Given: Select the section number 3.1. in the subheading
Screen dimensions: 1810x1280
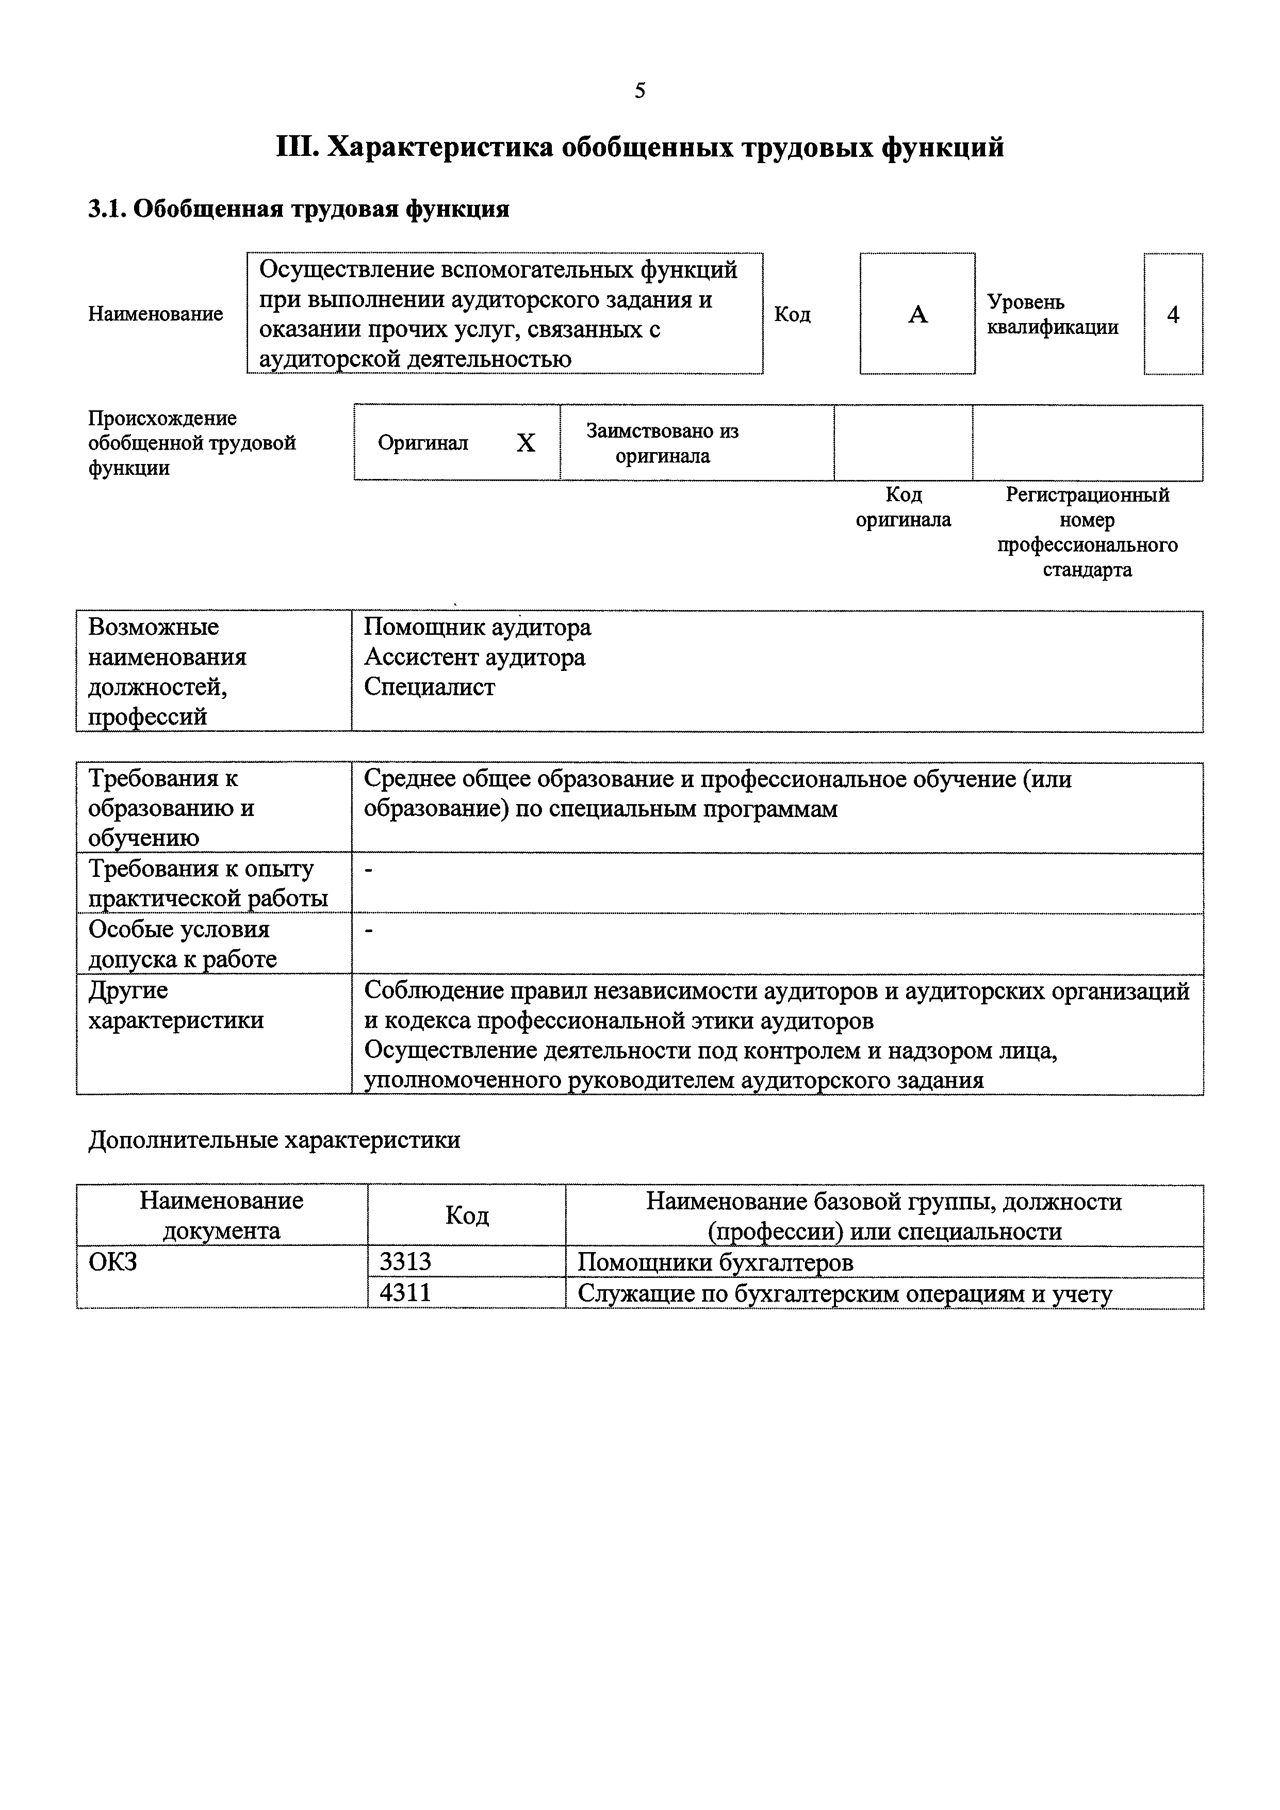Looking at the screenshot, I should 106,209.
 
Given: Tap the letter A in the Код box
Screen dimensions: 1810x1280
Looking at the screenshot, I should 917,315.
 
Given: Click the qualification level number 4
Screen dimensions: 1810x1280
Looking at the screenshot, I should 1173,315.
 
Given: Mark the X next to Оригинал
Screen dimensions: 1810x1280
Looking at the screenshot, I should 526,443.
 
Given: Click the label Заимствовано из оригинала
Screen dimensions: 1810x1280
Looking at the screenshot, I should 662,443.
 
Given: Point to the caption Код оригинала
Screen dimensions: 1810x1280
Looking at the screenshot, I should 903,507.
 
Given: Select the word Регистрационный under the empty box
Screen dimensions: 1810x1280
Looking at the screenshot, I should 1087,495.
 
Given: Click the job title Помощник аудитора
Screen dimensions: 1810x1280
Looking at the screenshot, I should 477,627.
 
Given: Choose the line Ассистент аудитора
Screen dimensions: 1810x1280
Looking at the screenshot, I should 474,657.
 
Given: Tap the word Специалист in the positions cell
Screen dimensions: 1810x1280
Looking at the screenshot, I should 430,687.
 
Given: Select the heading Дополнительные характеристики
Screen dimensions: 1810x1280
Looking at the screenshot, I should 274,1140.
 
